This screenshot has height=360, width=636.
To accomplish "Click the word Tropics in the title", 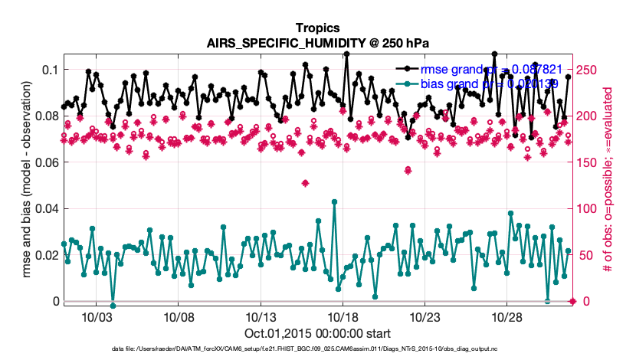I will click(317, 28).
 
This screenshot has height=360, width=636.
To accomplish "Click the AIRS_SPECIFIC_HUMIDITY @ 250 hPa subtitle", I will click(317, 43).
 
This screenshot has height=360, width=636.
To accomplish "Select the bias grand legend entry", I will click(490, 83).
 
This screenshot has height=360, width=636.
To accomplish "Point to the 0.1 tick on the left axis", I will click(50, 70).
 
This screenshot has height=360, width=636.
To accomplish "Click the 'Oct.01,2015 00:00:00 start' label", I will click(317, 333).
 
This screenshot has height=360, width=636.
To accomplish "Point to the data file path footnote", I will click(317, 349).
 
